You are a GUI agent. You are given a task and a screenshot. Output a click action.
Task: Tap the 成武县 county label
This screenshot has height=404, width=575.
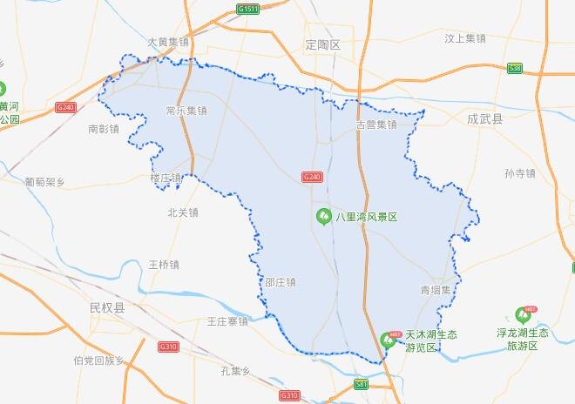tap(485, 118)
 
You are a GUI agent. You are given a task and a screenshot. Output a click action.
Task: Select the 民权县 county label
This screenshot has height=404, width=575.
tap(107, 308)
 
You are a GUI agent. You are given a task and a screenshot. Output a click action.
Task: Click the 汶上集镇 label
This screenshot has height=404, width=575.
tap(464, 38)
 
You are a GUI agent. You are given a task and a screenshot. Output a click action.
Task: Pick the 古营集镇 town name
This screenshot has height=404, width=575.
tap(375, 125)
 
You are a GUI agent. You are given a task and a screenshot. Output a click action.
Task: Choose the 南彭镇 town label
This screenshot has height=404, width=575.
tap(104, 129)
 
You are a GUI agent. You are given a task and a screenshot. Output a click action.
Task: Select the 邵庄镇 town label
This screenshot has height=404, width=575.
tap(280, 282)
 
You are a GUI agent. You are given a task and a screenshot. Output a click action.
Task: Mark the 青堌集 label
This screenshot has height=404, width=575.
tap(436, 290)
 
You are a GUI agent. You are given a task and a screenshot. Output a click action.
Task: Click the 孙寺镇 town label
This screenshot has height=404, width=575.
tap(519, 173)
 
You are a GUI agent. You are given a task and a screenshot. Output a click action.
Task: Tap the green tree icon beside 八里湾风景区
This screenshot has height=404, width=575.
tap(322, 216)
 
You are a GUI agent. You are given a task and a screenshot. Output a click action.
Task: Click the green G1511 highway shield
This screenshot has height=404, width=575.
tap(247, 10)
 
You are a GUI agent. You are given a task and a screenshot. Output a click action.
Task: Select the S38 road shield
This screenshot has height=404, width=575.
tap(515, 68)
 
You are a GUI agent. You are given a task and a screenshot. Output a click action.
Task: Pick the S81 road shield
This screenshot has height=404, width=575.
tap(362, 384)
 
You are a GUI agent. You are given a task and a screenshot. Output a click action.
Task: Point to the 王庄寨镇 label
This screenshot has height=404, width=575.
tap(227, 321)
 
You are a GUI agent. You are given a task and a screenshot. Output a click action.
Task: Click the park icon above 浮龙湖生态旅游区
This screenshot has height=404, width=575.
tap(524, 314)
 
